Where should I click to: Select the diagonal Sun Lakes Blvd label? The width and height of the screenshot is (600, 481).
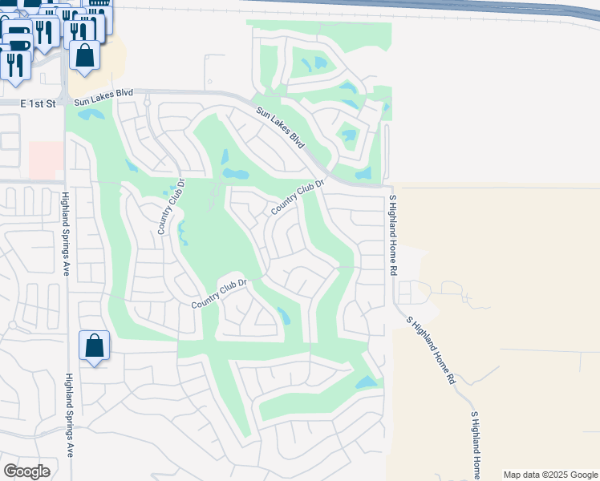(x=282, y=128)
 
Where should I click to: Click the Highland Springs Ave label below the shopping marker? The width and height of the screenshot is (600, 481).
(x=70, y=414)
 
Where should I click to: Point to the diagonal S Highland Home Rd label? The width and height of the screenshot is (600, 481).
(x=431, y=350)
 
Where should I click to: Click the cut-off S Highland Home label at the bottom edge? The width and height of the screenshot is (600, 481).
(x=476, y=444)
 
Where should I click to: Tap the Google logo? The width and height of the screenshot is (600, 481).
(x=26, y=471)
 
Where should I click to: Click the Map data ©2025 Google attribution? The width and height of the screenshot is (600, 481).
(x=549, y=475)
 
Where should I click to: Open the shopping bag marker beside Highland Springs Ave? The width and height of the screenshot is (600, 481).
(x=95, y=346)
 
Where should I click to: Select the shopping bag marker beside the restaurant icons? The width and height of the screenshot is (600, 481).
(x=84, y=55)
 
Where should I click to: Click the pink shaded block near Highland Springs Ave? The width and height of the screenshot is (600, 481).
(x=47, y=160)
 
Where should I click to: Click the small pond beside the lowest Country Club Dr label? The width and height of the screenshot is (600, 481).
(x=283, y=315)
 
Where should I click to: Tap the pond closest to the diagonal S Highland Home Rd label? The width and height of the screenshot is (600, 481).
(x=367, y=383)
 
